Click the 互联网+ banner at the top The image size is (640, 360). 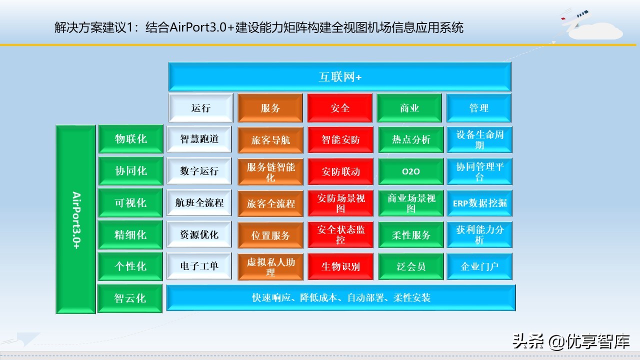339,77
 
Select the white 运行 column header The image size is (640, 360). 200,108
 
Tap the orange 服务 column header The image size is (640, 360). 270,108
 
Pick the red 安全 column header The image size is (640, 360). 339,108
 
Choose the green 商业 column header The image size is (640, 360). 409,108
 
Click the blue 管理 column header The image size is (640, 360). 478,108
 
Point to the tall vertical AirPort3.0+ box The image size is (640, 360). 75,219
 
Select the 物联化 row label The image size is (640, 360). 130,139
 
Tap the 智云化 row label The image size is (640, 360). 130,298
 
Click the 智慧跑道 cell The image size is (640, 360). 199,139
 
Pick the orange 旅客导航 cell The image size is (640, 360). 270,140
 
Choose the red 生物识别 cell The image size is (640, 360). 339,266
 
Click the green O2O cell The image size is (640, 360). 410,171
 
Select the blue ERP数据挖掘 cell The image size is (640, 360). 479,203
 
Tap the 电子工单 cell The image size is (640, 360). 199,266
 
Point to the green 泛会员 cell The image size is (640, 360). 410,266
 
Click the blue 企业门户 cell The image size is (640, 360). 479,266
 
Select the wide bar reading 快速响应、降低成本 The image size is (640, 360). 340,298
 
